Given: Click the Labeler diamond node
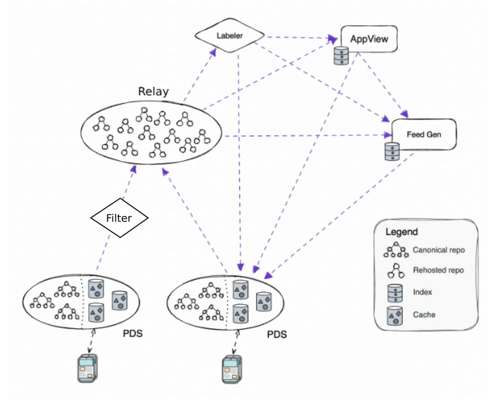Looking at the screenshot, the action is (x=230, y=35).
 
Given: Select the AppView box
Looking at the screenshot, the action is (x=369, y=39).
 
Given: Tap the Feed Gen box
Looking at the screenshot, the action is (x=424, y=134).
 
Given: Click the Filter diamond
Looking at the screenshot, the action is (x=119, y=218).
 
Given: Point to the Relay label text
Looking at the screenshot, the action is (x=153, y=91).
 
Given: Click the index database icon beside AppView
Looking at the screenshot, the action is (x=341, y=56).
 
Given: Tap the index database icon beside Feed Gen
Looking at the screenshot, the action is (x=392, y=151).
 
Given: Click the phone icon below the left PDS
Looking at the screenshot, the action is (x=87, y=369).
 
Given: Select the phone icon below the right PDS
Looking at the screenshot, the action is (x=232, y=369).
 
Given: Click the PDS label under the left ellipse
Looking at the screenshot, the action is (x=132, y=334).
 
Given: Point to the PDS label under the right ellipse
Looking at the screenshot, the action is (x=277, y=334).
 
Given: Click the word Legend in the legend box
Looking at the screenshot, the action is (x=402, y=232).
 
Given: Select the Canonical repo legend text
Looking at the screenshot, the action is (x=439, y=250).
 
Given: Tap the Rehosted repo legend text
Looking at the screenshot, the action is (x=439, y=270).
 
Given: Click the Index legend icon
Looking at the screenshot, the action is (x=395, y=293).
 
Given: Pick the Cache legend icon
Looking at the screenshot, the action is (x=395, y=316).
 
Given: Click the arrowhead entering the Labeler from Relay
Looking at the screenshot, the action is (x=213, y=52).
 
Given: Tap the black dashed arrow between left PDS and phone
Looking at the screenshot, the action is (x=91, y=341).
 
